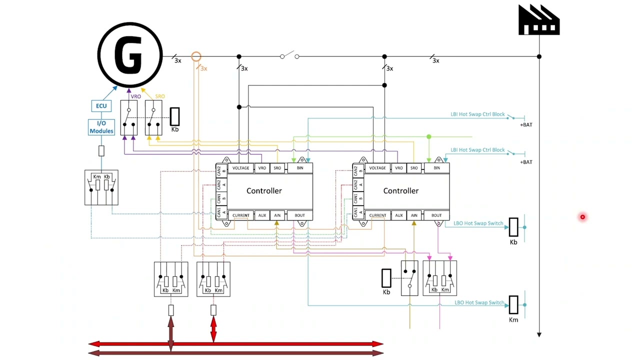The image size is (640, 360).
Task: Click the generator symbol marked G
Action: coord(130,55)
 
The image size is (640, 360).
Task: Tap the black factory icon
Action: coord(539,20)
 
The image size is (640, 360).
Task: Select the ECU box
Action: coord(101,106)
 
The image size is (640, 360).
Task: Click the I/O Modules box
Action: coord(101,127)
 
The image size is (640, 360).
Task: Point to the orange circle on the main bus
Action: coord(196,57)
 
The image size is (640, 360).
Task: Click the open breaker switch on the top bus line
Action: coord(289,55)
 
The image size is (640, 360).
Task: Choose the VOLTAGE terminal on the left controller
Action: coord(240,168)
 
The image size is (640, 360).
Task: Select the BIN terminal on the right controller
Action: coord(436,168)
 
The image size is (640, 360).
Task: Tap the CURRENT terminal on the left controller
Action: coord(240,215)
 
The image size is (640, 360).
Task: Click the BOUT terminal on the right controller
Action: coord(436,215)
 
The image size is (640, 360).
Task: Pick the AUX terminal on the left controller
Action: coord(262,215)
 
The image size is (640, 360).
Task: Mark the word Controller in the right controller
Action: coord(401,191)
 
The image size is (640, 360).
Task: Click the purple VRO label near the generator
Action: coord(135,96)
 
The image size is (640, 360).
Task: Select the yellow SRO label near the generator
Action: coord(160,96)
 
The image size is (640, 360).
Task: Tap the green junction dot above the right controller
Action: coord(428,136)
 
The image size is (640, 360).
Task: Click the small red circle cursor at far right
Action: coord(582,217)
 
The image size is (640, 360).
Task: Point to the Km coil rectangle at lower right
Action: coord(513,305)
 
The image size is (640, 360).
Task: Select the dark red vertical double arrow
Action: coord(171,333)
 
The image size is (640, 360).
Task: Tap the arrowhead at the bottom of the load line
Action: coord(539,334)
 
